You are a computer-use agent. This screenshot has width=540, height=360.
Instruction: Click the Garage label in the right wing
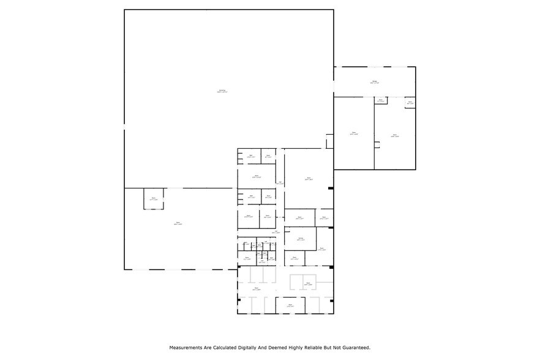[375, 82]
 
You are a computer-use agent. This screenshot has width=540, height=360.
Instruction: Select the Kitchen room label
[300, 238]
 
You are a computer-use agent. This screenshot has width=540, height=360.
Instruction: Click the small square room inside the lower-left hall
[153, 198]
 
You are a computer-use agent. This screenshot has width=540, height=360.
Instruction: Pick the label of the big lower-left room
[178, 223]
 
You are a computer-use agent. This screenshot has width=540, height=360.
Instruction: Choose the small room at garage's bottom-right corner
[410, 103]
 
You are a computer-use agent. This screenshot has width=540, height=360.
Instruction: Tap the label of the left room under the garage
[354, 133]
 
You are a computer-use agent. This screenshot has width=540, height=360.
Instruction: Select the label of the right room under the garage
[395, 135]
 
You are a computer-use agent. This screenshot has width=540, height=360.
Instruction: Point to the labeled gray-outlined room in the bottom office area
[309, 284]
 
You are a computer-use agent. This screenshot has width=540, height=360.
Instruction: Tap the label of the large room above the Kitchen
[309, 179]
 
